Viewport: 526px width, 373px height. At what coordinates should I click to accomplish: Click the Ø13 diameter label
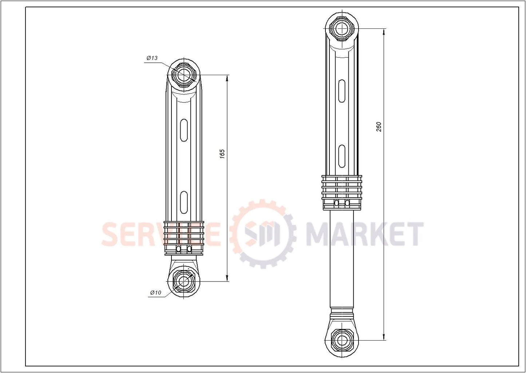point(152,58)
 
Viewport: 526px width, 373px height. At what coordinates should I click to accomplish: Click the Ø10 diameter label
point(155,292)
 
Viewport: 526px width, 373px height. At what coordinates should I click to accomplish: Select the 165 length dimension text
point(222,154)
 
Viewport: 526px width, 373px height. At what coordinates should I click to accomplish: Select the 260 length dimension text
point(379,127)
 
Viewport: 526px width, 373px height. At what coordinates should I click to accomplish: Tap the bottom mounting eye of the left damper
point(184,281)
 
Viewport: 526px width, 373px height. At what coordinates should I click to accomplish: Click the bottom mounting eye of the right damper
point(342,340)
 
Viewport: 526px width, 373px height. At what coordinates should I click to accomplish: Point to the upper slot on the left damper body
point(184,129)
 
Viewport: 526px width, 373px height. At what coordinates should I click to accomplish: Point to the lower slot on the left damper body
point(184,201)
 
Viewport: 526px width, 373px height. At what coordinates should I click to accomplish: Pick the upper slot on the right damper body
point(342,90)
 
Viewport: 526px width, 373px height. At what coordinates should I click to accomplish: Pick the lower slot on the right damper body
point(342,156)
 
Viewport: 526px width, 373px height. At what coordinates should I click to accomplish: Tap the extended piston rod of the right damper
point(342,259)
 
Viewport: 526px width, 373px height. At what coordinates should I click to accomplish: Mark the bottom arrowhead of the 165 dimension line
point(228,278)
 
